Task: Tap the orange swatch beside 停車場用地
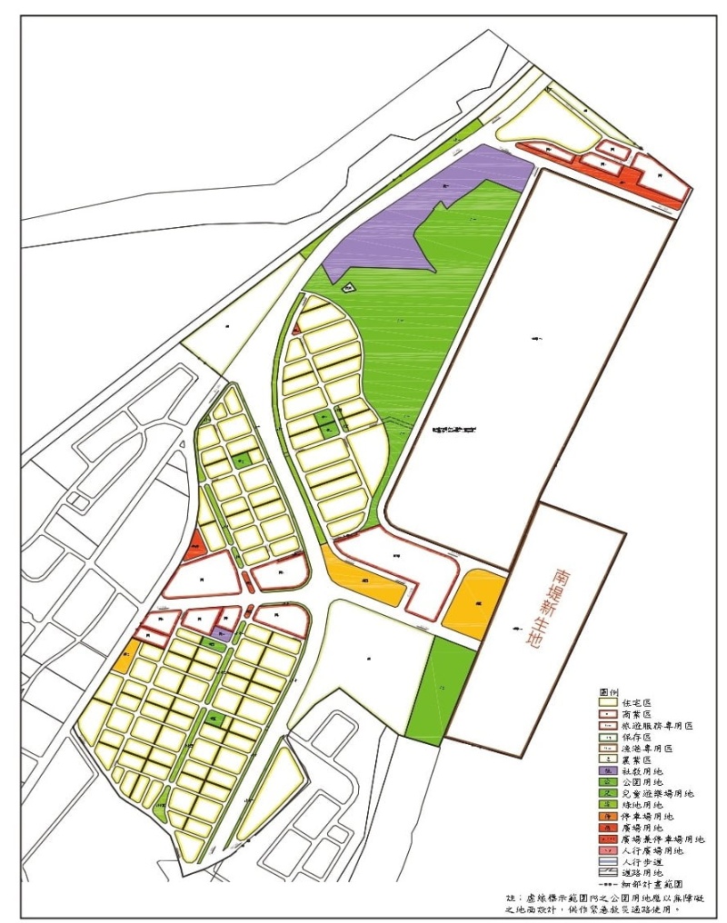pos(609,817)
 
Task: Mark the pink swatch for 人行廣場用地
pos(609,851)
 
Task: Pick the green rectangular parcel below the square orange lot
pos(442,690)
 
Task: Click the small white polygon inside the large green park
pos(348,288)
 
